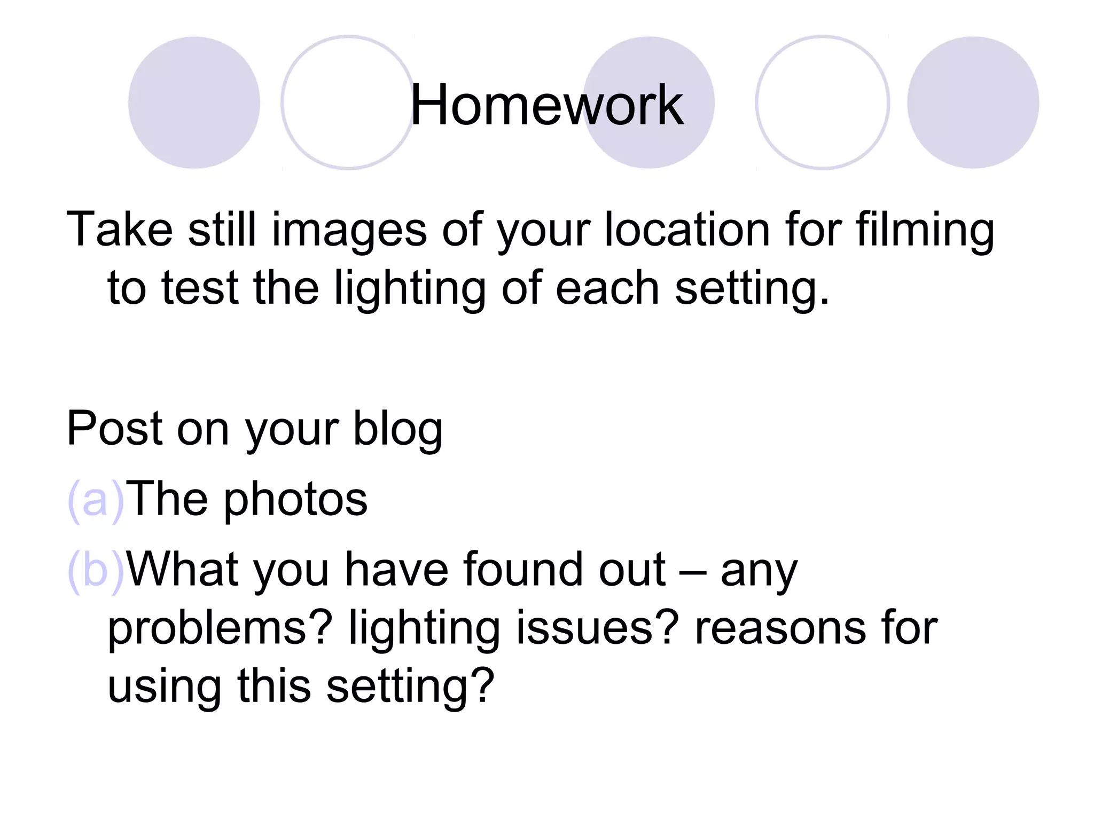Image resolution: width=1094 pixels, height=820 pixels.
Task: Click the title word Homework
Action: point(546,105)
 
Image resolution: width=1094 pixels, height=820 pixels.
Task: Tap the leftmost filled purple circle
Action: point(194,102)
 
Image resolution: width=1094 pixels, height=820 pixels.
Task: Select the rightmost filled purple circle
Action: point(973,102)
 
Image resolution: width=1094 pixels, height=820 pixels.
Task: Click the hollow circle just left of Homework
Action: point(348,102)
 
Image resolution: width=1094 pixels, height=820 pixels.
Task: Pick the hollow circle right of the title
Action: point(822,102)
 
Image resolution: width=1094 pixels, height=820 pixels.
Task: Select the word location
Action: point(687,230)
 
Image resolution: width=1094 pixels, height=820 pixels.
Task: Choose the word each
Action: point(607,288)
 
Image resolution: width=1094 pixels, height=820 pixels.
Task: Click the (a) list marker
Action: point(96,500)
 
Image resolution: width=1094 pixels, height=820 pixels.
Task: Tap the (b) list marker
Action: point(96,570)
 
